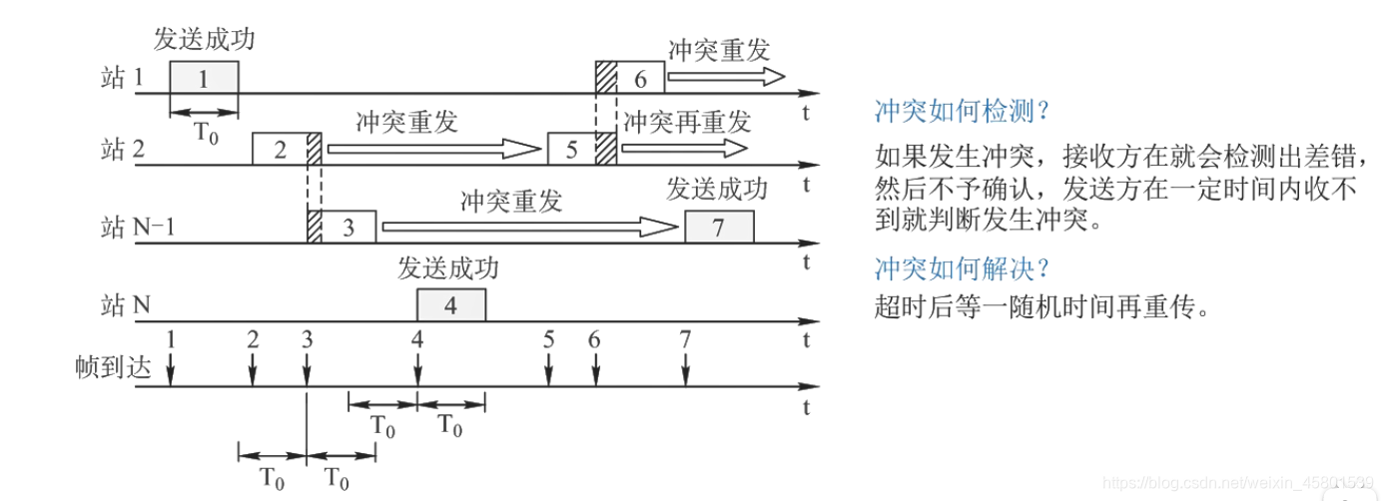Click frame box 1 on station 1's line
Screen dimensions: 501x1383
[x=204, y=78]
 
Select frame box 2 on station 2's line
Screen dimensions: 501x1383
[x=281, y=149]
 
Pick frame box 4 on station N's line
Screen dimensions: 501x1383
[x=450, y=304]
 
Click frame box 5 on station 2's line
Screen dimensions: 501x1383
[x=571, y=149]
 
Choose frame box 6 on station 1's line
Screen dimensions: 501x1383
[x=640, y=78]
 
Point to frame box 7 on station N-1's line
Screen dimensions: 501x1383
[x=719, y=227]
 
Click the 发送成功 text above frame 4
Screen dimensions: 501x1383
[x=447, y=267]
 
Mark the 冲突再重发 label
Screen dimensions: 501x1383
[x=687, y=122]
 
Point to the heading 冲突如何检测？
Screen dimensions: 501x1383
[x=963, y=110]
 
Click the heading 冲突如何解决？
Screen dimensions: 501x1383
[x=963, y=267]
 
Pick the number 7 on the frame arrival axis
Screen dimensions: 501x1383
[x=685, y=339]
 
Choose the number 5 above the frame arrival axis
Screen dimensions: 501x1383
[x=548, y=339]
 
